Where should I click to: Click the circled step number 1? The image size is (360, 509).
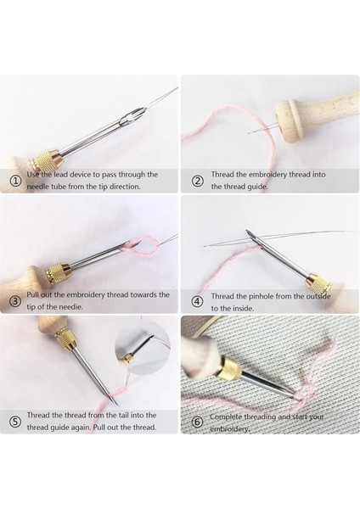(x=14, y=181)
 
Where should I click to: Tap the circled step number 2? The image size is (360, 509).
(x=198, y=181)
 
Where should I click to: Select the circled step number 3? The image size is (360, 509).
(x=15, y=301)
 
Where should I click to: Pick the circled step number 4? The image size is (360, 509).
(x=198, y=301)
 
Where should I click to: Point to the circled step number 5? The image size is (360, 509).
(x=15, y=422)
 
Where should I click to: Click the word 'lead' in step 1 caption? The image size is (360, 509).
(x=61, y=174)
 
